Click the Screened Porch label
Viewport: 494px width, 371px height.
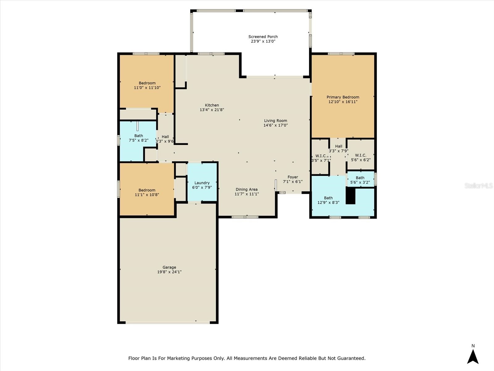click(263, 37)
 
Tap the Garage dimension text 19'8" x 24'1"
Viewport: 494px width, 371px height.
click(169, 272)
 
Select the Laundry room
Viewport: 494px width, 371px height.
click(202, 185)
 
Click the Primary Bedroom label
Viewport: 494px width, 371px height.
click(343, 97)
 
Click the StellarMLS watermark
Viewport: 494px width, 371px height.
click(479, 185)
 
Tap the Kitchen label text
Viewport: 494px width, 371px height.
click(212, 105)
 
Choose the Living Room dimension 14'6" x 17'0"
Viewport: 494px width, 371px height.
click(275, 125)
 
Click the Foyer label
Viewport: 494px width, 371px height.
click(293, 177)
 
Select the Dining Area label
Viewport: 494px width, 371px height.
click(246, 190)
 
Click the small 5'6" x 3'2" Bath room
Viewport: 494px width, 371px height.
click(360, 180)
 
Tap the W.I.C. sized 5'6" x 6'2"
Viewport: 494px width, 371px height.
click(360, 157)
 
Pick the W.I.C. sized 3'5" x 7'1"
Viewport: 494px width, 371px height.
click(320, 158)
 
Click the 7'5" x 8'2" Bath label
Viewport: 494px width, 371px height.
click(138, 136)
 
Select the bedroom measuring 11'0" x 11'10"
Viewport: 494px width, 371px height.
click(147, 85)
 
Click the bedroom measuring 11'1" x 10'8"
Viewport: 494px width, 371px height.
click(147, 192)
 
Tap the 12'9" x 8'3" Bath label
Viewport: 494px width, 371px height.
click(328, 198)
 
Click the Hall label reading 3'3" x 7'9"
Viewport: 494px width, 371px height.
click(339, 146)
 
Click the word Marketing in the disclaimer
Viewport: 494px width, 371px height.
click(179, 358)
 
